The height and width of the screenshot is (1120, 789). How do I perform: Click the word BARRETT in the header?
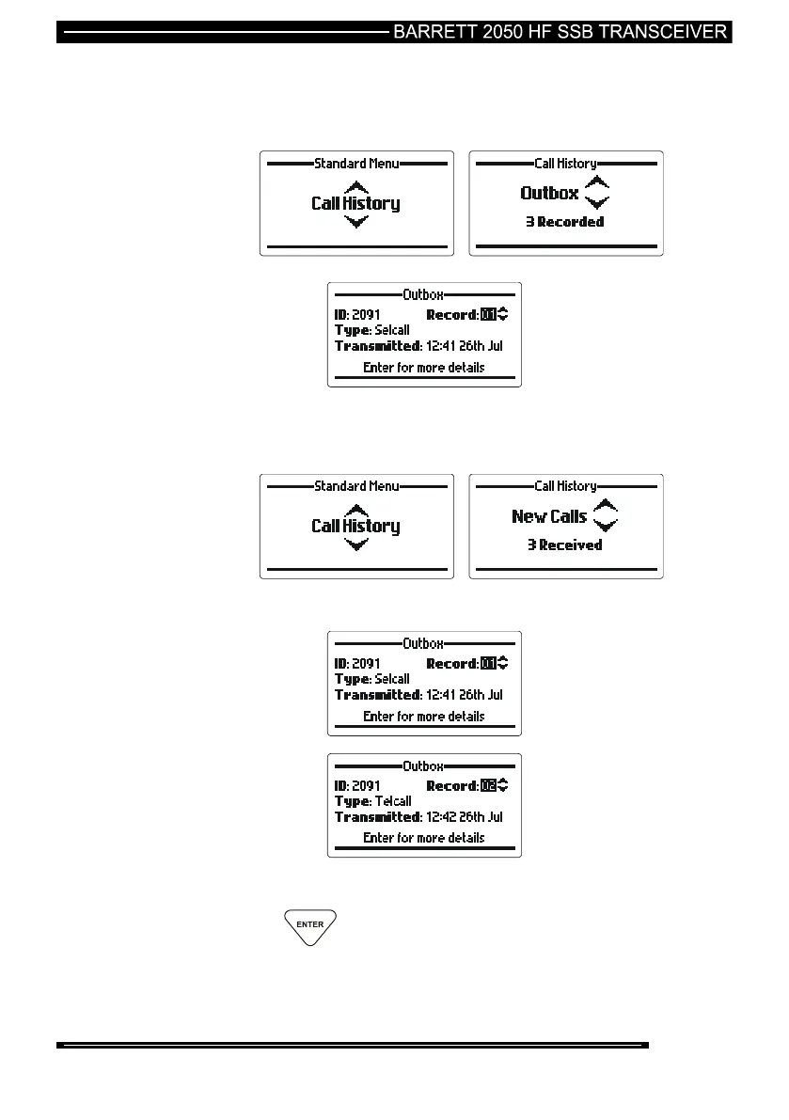click(428, 31)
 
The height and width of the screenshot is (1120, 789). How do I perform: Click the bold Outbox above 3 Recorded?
click(549, 193)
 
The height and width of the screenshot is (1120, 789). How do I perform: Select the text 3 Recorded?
click(564, 222)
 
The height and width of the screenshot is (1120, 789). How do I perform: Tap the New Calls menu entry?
click(549, 516)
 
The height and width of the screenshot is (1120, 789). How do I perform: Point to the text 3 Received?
click(564, 544)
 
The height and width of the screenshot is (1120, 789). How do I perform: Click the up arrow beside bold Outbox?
click(597, 182)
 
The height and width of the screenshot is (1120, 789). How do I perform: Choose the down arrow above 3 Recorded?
click(597, 202)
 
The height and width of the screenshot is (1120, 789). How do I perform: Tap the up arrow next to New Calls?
click(605, 506)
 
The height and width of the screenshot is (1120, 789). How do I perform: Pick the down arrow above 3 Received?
click(605, 525)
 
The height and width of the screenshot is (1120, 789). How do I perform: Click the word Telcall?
click(393, 801)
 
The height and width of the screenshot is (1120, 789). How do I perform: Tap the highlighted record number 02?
click(487, 785)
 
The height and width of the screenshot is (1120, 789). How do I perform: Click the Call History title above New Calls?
click(565, 486)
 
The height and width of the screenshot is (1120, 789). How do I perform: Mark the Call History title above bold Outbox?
click(565, 164)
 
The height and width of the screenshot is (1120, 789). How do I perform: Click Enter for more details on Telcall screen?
click(423, 837)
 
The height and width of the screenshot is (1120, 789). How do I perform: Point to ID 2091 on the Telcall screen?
click(357, 785)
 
